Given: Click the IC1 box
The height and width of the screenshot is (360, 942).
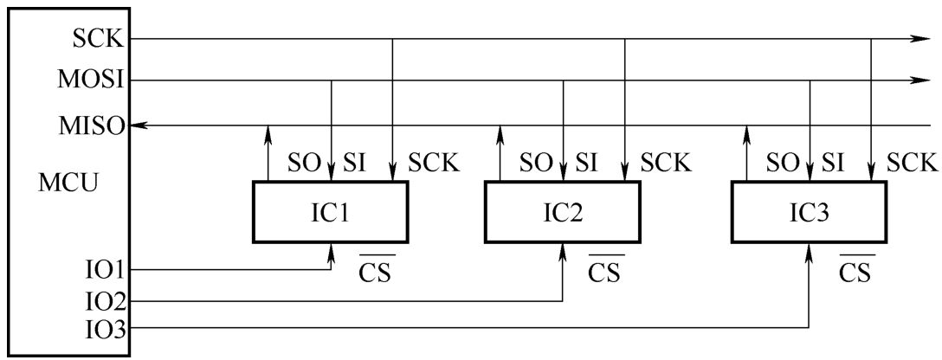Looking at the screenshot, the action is (x=331, y=212).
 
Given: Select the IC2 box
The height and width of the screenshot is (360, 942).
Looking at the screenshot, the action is (x=562, y=212).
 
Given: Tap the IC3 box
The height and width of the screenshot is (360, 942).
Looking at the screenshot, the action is (x=809, y=212).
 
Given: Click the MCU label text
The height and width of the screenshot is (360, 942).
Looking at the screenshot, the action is (x=68, y=183).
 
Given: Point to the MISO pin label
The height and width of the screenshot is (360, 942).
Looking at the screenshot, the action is (x=91, y=126).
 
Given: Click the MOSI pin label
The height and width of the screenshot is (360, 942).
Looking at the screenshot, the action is (x=91, y=80).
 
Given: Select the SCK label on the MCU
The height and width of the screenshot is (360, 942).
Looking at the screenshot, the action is (x=98, y=39).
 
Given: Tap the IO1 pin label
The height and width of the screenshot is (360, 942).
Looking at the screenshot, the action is (x=104, y=271).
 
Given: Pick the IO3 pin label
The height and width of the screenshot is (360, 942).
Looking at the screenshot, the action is (x=104, y=330).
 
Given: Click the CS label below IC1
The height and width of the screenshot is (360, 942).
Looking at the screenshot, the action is (x=376, y=270).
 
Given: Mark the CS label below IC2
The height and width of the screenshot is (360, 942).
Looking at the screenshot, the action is (x=604, y=270).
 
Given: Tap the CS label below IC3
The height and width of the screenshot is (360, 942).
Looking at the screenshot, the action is (x=855, y=270).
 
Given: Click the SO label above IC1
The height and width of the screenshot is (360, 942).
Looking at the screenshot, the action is (x=305, y=164).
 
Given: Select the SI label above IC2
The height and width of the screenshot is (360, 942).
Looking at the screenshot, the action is (x=586, y=164).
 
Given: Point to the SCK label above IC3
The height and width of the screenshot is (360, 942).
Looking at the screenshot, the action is (x=912, y=164).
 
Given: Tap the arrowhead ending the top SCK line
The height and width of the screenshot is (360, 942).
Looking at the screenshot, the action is (x=919, y=38).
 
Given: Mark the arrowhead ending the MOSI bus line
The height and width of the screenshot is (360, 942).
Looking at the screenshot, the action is (x=919, y=80).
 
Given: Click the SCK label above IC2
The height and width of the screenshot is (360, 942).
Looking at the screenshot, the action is (x=666, y=164).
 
